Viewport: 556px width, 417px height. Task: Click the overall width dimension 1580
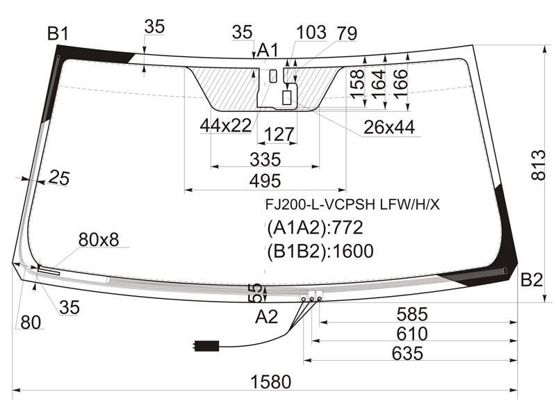click(270, 382)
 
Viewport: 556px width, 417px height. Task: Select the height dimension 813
click(538, 165)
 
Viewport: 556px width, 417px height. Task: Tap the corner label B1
click(58, 34)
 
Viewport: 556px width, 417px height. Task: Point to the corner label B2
click(532, 280)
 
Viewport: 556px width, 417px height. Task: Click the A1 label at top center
click(268, 50)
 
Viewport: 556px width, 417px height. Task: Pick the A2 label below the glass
click(266, 317)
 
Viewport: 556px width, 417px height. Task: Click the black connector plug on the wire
click(206, 345)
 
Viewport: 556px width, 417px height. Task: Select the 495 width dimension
click(265, 181)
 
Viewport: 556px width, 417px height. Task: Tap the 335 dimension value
click(265, 160)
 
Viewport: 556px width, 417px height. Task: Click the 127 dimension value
click(279, 134)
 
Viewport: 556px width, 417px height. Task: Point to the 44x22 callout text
click(226, 125)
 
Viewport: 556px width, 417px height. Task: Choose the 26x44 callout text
click(389, 127)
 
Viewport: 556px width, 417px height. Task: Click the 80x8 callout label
click(99, 240)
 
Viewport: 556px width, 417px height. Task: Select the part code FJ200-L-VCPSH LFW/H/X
click(352, 204)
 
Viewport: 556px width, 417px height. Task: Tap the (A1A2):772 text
click(316, 228)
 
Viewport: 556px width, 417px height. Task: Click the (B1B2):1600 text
click(320, 252)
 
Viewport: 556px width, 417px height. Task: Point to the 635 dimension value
click(407, 354)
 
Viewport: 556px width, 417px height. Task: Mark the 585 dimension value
click(412, 315)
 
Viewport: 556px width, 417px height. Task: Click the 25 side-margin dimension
click(59, 177)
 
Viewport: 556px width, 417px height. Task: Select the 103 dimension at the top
click(311, 32)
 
